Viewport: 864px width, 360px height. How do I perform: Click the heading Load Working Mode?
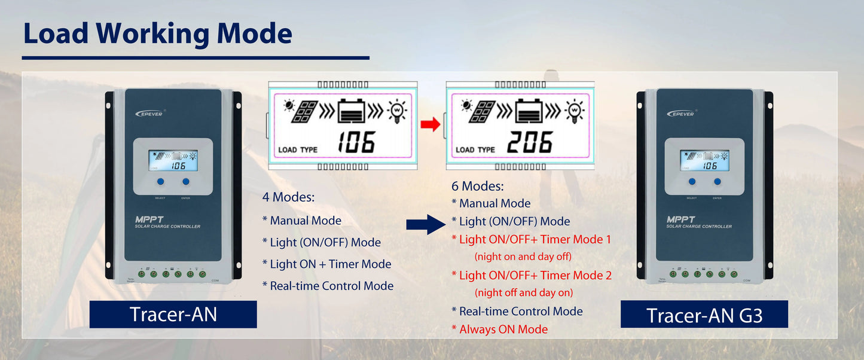157,34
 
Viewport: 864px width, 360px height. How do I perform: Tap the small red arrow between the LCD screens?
429,124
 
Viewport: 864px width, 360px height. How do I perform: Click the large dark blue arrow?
426,224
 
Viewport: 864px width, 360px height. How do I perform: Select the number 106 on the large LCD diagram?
356,142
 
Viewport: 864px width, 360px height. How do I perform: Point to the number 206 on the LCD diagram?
530,142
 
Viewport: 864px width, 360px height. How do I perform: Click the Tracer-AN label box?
173,314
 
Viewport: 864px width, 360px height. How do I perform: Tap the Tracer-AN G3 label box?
704,315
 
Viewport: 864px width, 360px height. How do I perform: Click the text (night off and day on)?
523,292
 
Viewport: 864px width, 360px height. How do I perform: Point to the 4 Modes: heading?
288,197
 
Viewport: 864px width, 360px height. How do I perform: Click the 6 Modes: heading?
478,186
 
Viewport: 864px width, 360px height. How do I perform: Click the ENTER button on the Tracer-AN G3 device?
717,181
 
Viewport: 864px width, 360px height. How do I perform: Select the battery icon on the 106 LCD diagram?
355,111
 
